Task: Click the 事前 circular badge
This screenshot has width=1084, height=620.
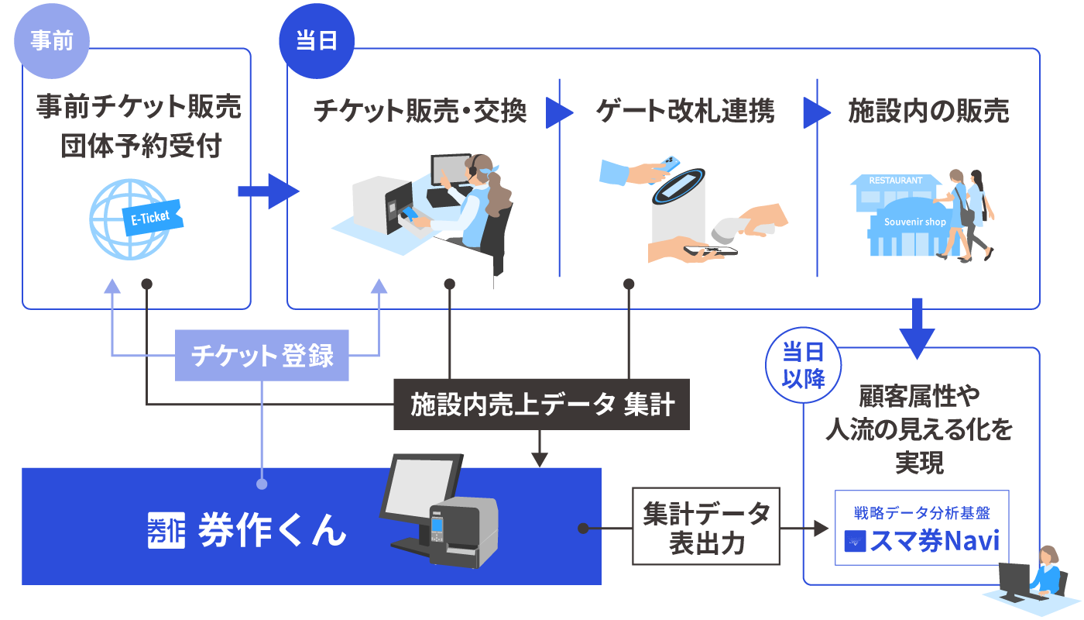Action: click(52, 41)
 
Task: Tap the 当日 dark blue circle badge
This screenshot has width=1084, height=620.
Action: click(316, 41)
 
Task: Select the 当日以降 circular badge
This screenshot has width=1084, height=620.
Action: click(803, 365)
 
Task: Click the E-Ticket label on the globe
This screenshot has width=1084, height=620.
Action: click(151, 218)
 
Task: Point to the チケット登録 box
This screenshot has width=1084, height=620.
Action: click(262, 356)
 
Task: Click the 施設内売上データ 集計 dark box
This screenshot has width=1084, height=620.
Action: click(541, 405)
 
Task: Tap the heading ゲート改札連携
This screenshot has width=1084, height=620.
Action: click(684, 112)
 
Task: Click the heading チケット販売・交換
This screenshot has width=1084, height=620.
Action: click(420, 112)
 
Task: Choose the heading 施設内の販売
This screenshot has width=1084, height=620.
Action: click(928, 112)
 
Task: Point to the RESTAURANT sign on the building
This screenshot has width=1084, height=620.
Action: click(895, 180)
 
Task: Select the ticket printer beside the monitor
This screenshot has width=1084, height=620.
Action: click(463, 532)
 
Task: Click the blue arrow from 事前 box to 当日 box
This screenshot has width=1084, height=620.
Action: click(267, 191)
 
